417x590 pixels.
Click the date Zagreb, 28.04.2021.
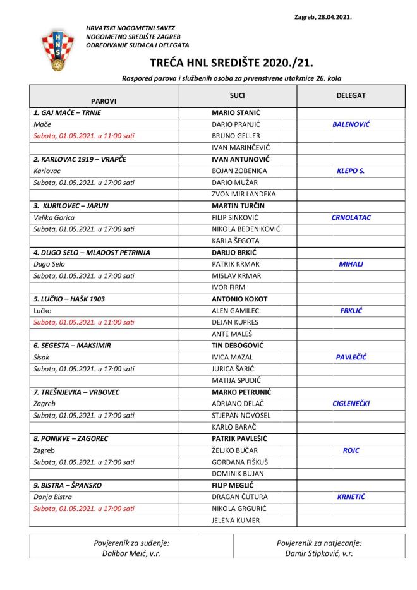click(323, 18)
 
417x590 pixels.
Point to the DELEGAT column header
click(351, 96)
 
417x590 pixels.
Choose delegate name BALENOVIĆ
click(351, 124)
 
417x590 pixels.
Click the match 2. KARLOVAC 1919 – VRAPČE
click(80, 159)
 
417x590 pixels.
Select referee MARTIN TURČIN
click(238, 206)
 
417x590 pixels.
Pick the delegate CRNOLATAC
click(351, 217)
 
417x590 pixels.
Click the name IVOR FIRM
click(228, 287)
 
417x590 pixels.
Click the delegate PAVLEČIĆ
click(351, 357)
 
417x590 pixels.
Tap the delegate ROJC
click(351, 450)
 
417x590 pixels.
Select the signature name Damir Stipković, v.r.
click(319, 553)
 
